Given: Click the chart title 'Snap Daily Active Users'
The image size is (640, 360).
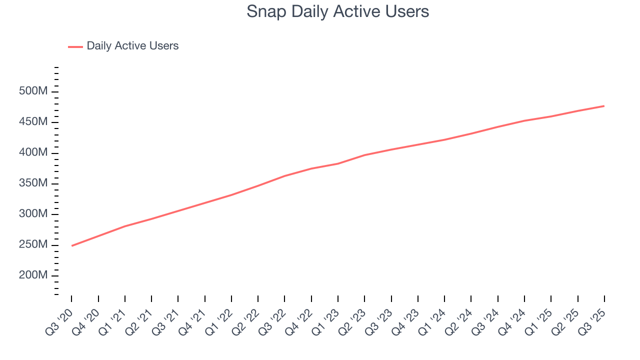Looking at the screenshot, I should tap(337, 11).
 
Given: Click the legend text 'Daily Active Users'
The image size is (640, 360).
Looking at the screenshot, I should tap(132, 46).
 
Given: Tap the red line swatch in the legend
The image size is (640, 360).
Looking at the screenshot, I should tap(75, 46).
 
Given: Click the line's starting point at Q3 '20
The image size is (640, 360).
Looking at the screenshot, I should tap(72, 245).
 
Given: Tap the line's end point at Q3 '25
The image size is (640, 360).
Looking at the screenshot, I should tap(604, 106).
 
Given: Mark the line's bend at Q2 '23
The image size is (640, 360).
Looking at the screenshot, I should tap(365, 155).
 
